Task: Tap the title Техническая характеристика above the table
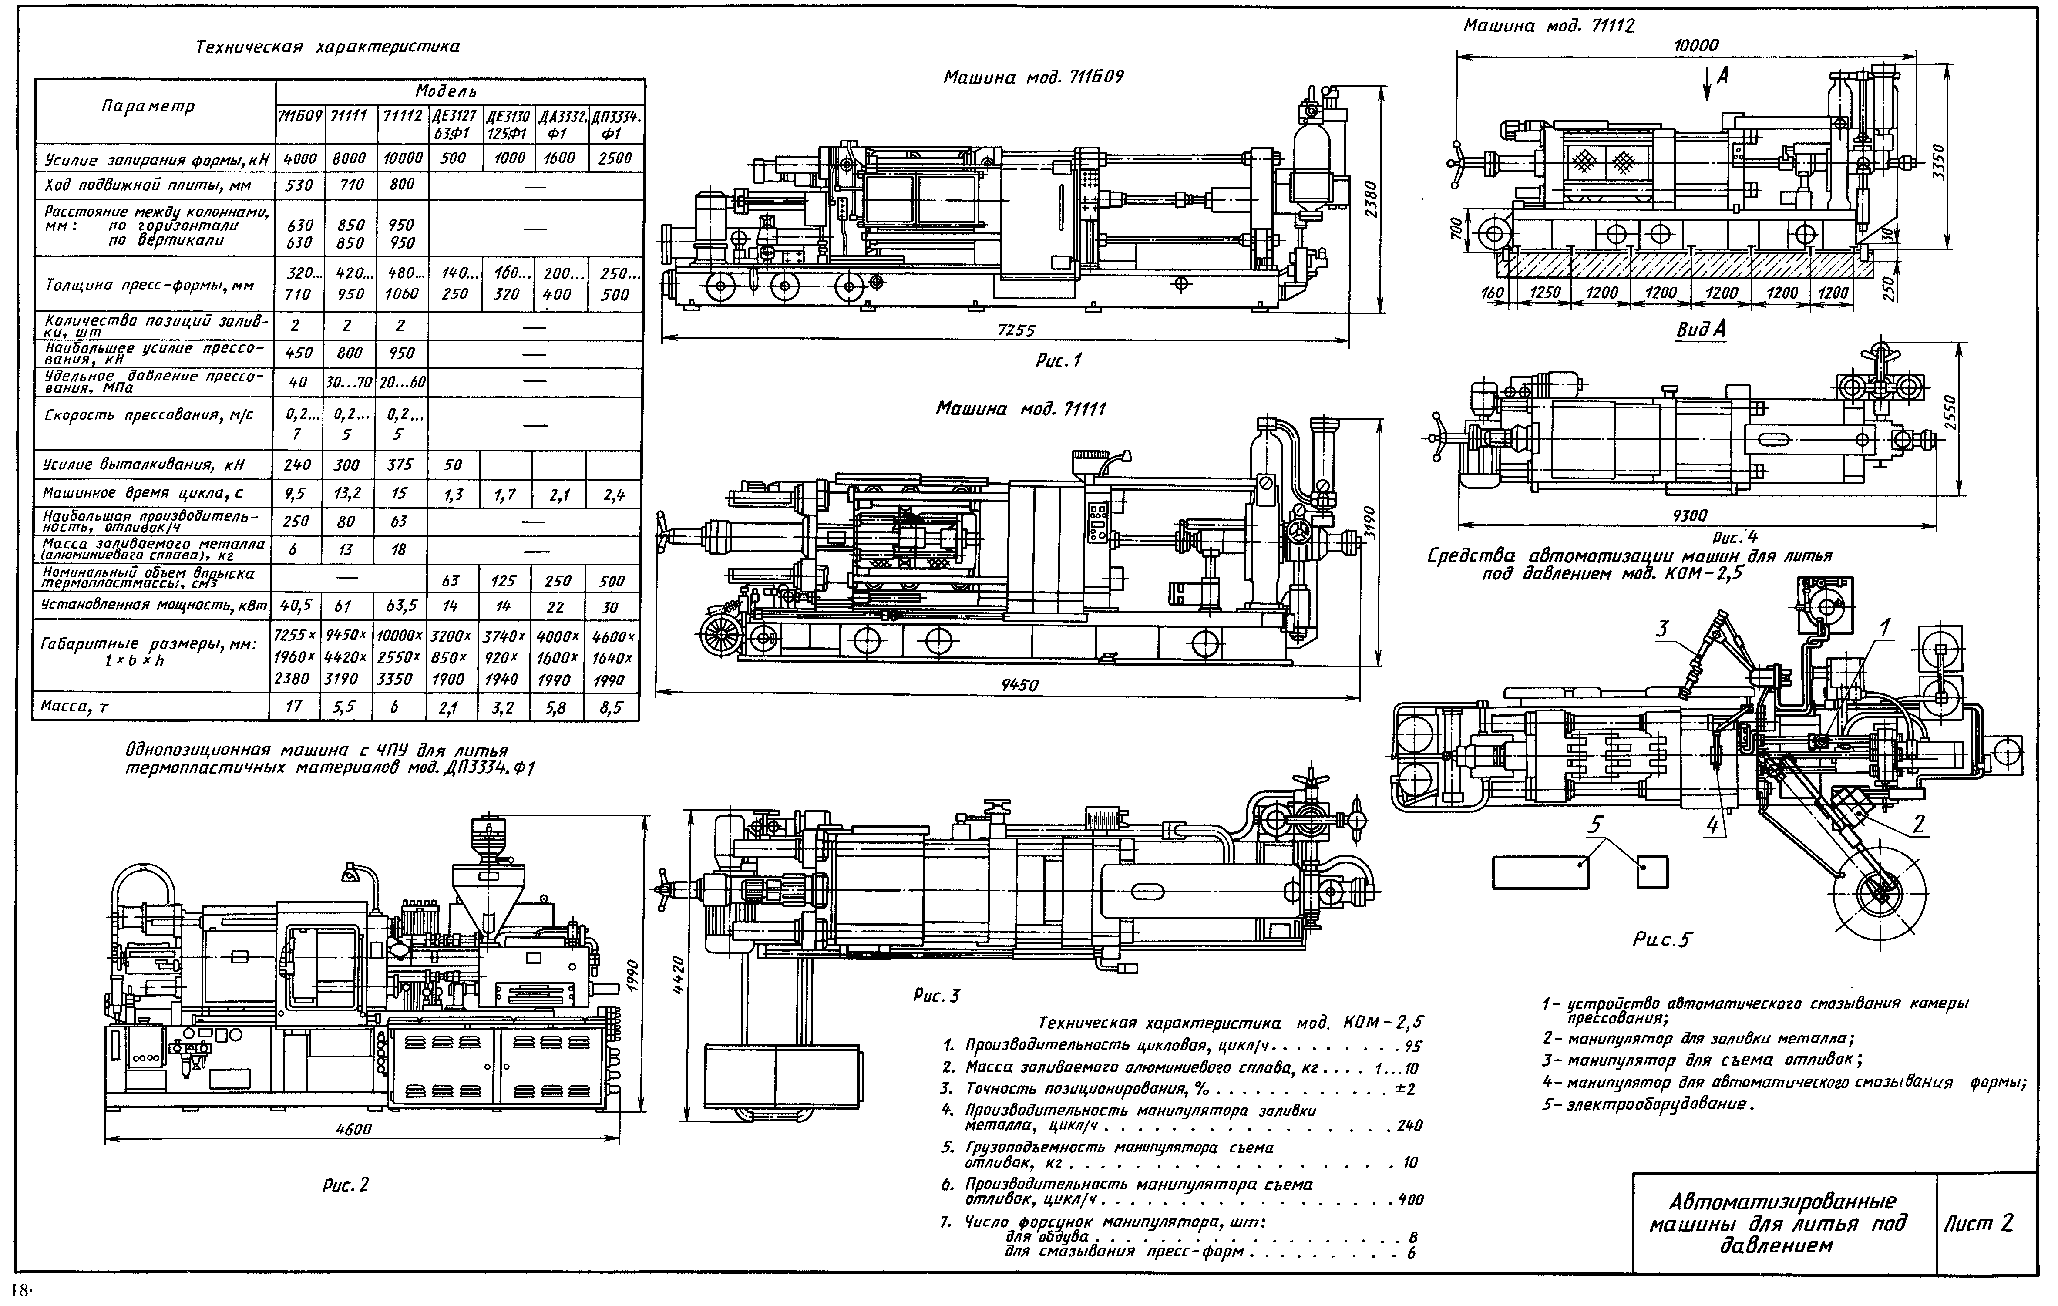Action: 328,47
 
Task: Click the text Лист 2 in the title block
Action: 1990,1224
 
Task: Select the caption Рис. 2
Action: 345,1185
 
